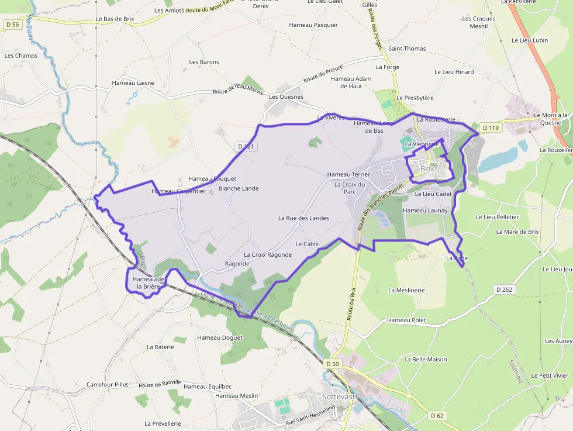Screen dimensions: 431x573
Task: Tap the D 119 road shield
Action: coord(489,127)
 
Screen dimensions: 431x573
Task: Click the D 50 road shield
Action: coord(332,364)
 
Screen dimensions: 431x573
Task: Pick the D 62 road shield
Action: coord(437,416)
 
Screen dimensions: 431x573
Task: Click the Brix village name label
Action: coord(427,168)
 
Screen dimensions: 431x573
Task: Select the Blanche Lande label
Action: coord(239,188)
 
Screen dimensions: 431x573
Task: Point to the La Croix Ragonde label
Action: coord(268,254)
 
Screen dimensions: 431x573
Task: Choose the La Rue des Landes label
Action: coord(303,218)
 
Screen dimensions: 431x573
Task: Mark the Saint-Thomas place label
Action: coord(408,49)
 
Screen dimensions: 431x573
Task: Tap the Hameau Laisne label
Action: coord(133,82)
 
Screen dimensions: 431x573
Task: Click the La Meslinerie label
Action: coord(406,290)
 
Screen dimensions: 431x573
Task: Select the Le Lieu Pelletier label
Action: coord(497,217)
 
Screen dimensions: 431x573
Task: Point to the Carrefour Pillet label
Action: coord(107,385)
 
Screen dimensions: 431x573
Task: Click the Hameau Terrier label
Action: coord(348,174)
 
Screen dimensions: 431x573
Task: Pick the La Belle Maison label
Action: coord(426,360)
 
